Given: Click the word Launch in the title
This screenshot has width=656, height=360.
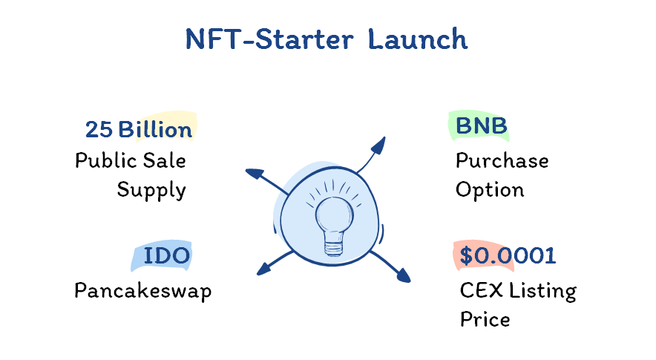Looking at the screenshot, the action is click(x=418, y=39).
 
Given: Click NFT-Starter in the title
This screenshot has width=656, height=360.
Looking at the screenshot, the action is click(x=269, y=39).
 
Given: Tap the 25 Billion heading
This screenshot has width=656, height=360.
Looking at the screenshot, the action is click(x=139, y=129).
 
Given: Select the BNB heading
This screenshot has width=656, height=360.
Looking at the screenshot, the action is click(x=481, y=126).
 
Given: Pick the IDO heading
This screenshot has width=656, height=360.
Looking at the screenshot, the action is click(x=166, y=256).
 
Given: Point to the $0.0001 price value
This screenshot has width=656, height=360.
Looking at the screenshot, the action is click(x=508, y=255).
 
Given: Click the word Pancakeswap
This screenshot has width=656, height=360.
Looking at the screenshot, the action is click(x=143, y=291).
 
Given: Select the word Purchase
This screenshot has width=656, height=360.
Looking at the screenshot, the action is click(x=502, y=160).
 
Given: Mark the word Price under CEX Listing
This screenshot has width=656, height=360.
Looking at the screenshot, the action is click(x=485, y=319).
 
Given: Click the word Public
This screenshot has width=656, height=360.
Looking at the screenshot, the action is click(x=106, y=160).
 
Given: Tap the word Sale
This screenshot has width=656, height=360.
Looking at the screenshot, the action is click(x=165, y=160).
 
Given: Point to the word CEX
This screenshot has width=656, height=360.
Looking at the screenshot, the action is click(x=481, y=290).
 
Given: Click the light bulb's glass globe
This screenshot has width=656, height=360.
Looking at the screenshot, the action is click(x=334, y=214).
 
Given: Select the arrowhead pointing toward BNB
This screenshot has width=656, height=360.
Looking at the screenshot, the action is click(x=378, y=145).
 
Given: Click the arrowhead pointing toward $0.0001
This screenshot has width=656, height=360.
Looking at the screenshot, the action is click(x=403, y=275).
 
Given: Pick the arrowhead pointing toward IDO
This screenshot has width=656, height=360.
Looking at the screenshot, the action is click(x=263, y=269).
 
